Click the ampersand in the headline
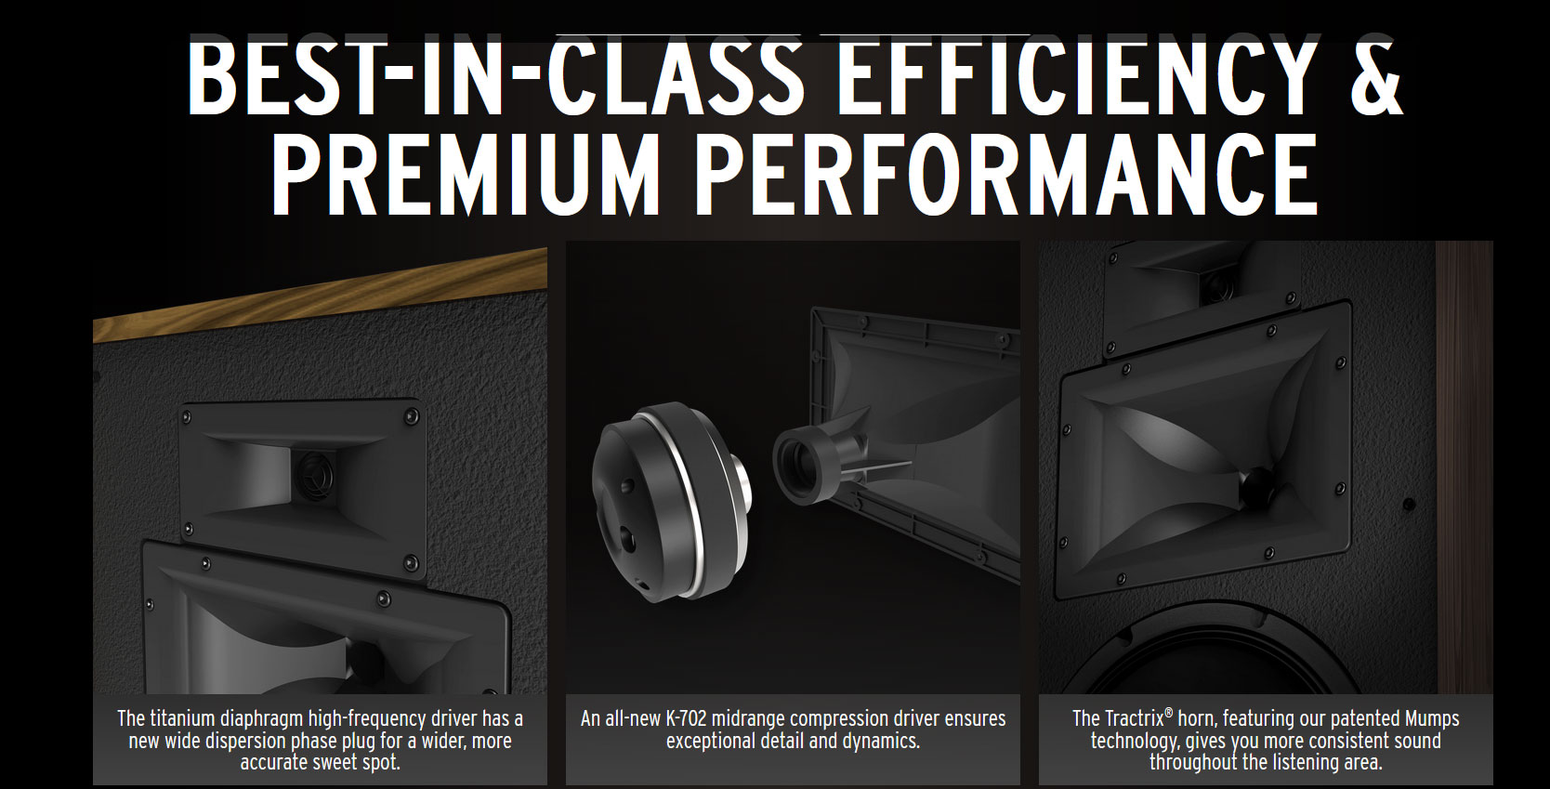coord(1370,76)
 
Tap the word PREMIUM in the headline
coord(465,174)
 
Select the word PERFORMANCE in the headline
coord(1005,174)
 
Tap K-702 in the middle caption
coord(687,718)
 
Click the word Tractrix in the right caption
coord(1134,718)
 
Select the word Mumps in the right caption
coord(1432,718)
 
